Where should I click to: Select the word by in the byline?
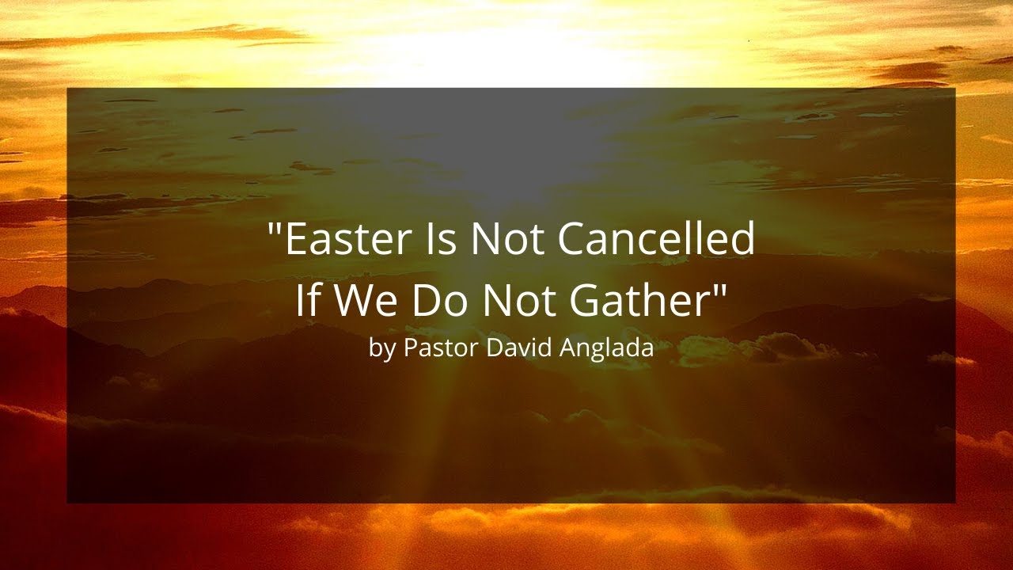tap(381, 348)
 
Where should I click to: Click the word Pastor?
tap(440, 348)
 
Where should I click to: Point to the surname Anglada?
tap(607, 348)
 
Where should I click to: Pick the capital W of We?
tap(349, 300)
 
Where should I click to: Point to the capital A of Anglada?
tap(567, 348)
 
